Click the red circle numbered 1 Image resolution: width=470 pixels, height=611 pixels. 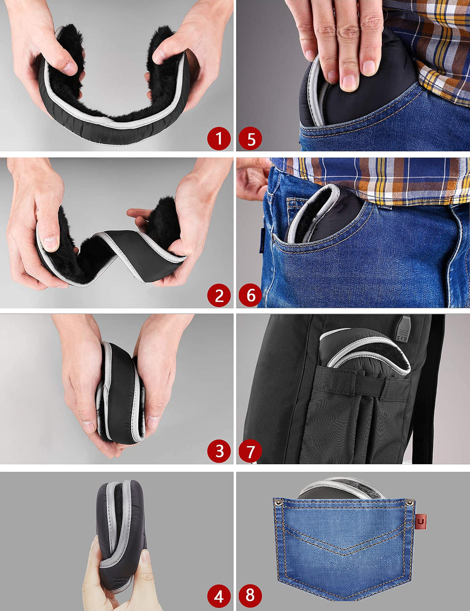coord(219,138)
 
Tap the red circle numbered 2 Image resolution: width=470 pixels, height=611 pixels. coord(219,295)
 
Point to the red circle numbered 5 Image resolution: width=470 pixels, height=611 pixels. coord(250,138)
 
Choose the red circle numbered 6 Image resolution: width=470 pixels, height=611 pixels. coord(250,295)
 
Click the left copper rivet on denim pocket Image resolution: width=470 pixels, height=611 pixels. coord(278,501)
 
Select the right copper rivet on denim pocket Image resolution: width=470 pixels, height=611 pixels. coord(410,502)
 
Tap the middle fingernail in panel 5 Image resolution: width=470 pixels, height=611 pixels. coord(349,83)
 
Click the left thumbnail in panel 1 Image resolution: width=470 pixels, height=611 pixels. coord(69,68)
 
